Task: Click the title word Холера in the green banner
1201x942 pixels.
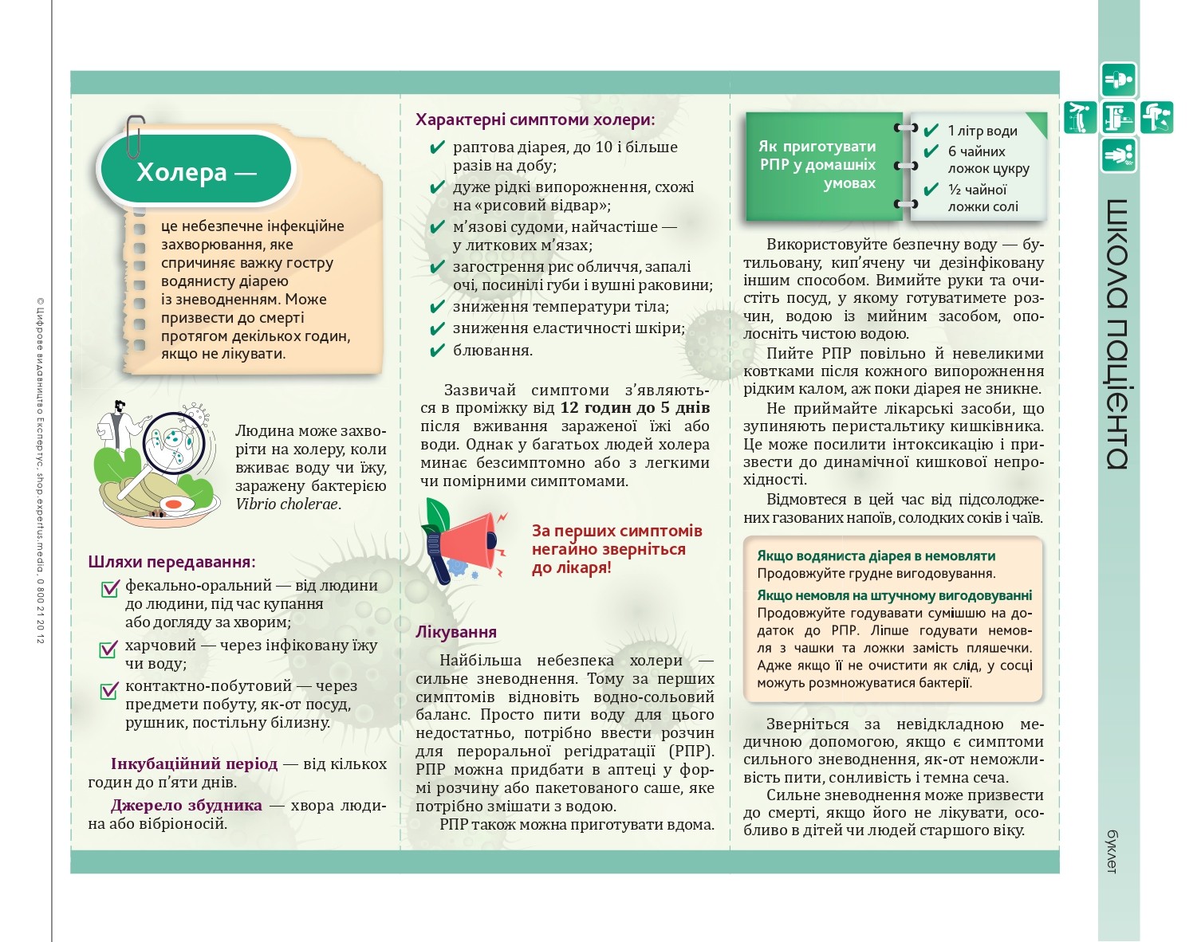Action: pos(181,172)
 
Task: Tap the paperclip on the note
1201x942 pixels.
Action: pos(135,137)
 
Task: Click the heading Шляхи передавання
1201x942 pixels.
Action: pos(171,562)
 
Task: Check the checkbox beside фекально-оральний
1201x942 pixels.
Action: pos(109,589)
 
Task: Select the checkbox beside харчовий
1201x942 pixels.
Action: pos(109,649)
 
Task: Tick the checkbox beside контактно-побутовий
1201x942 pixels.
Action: pos(109,689)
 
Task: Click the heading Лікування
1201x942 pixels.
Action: pos(456,632)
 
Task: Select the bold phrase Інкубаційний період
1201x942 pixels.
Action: pos(194,763)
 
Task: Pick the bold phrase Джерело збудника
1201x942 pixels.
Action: pos(186,805)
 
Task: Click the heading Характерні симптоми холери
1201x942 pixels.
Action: pos(535,120)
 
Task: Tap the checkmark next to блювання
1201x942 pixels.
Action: pos(436,351)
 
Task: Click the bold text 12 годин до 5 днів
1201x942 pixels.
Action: pos(635,408)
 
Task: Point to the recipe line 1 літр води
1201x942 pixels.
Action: pos(982,131)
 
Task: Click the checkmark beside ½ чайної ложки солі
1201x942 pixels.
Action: pos(931,190)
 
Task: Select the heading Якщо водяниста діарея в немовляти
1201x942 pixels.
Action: pos(876,556)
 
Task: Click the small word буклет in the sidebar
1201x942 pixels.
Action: pos(1113,851)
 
